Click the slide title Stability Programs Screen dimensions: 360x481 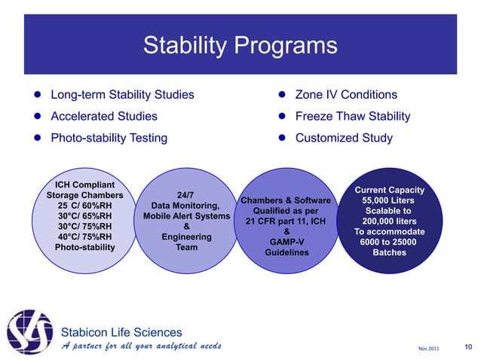(x=240, y=46)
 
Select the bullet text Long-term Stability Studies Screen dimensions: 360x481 (x=122, y=95)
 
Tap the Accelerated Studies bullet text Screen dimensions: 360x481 (x=104, y=117)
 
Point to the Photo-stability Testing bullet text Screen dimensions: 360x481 (x=109, y=139)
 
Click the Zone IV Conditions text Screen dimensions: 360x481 (x=346, y=95)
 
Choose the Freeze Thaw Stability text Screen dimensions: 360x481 (x=353, y=117)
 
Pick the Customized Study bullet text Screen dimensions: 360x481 (x=344, y=139)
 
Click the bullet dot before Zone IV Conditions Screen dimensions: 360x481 (x=280, y=96)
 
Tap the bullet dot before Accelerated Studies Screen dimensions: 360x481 (x=35, y=117)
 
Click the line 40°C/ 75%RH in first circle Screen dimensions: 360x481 (x=84, y=236)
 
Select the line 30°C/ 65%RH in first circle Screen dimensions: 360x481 (x=84, y=215)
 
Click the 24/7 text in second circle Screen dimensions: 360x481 (x=185, y=195)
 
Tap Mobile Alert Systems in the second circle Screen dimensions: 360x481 (x=186, y=215)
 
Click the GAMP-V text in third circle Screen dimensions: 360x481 (x=286, y=243)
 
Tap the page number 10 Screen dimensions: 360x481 (x=469, y=346)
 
